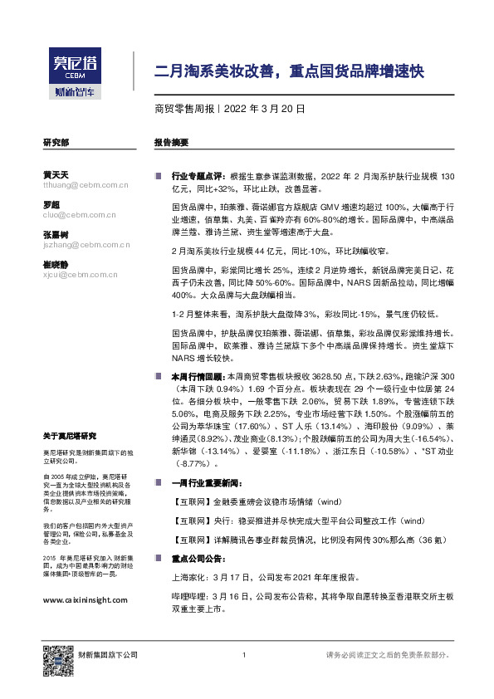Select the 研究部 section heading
(x=56, y=143)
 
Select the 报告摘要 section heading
(x=170, y=143)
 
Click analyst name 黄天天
(x=56, y=174)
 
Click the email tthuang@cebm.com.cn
(x=79, y=185)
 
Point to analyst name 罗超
(x=51, y=204)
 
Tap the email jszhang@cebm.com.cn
(x=79, y=245)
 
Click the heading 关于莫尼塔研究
(x=70, y=436)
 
